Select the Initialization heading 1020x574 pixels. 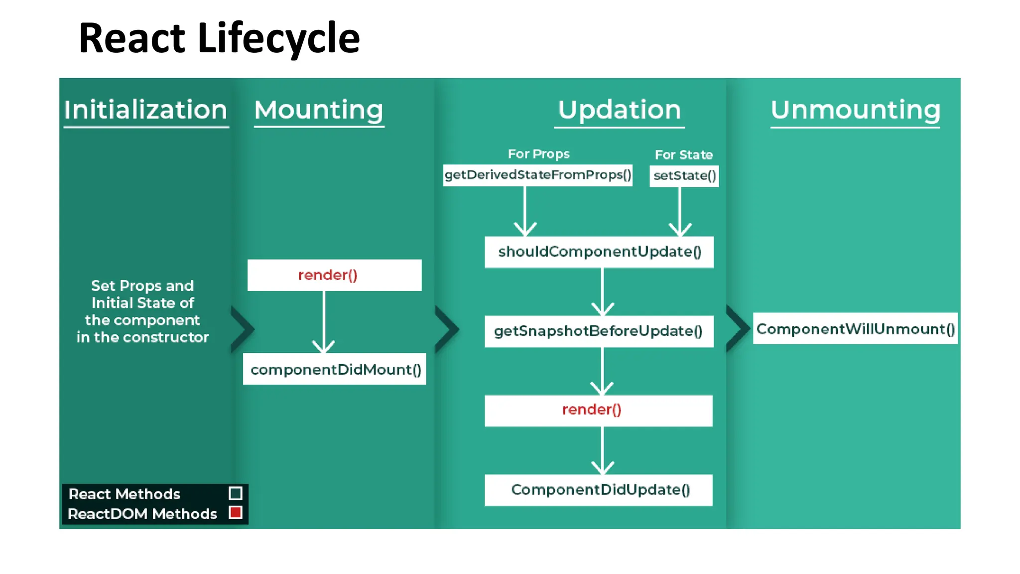[145, 110]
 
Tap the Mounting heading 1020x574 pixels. [319, 110]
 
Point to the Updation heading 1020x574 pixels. [619, 110]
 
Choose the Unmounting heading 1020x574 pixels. [855, 110]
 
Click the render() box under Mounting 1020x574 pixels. [334, 275]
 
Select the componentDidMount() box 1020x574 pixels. [335, 369]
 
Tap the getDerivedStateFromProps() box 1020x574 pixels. [537, 175]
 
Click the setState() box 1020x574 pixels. [684, 176]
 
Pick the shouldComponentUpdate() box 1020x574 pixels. [599, 252]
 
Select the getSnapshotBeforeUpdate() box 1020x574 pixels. [599, 331]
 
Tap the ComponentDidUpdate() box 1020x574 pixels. [598, 490]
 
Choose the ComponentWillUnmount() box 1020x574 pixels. [855, 329]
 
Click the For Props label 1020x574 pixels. [538, 154]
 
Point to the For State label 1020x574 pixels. [683, 155]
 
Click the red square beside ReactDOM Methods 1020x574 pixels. [236, 513]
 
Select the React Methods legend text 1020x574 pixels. [125, 494]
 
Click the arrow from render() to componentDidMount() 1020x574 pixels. [324, 321]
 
